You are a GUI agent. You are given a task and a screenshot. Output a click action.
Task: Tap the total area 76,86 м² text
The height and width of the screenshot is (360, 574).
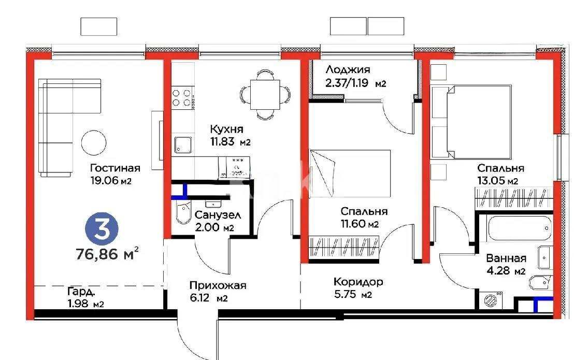point(107,254)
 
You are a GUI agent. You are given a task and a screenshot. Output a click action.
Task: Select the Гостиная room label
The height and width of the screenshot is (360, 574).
point(115,168)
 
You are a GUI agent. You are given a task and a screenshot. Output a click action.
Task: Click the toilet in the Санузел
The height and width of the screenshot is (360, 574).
point(182,214)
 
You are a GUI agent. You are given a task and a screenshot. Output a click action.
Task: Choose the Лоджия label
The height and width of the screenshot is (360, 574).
point(348,69)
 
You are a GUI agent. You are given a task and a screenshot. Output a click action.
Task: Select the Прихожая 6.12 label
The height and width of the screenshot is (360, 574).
point(218,285)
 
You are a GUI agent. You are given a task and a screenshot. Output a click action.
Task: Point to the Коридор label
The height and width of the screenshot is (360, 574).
point(358,282)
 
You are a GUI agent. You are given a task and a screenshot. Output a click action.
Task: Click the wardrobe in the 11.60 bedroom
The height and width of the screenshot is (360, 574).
point(345,246)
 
